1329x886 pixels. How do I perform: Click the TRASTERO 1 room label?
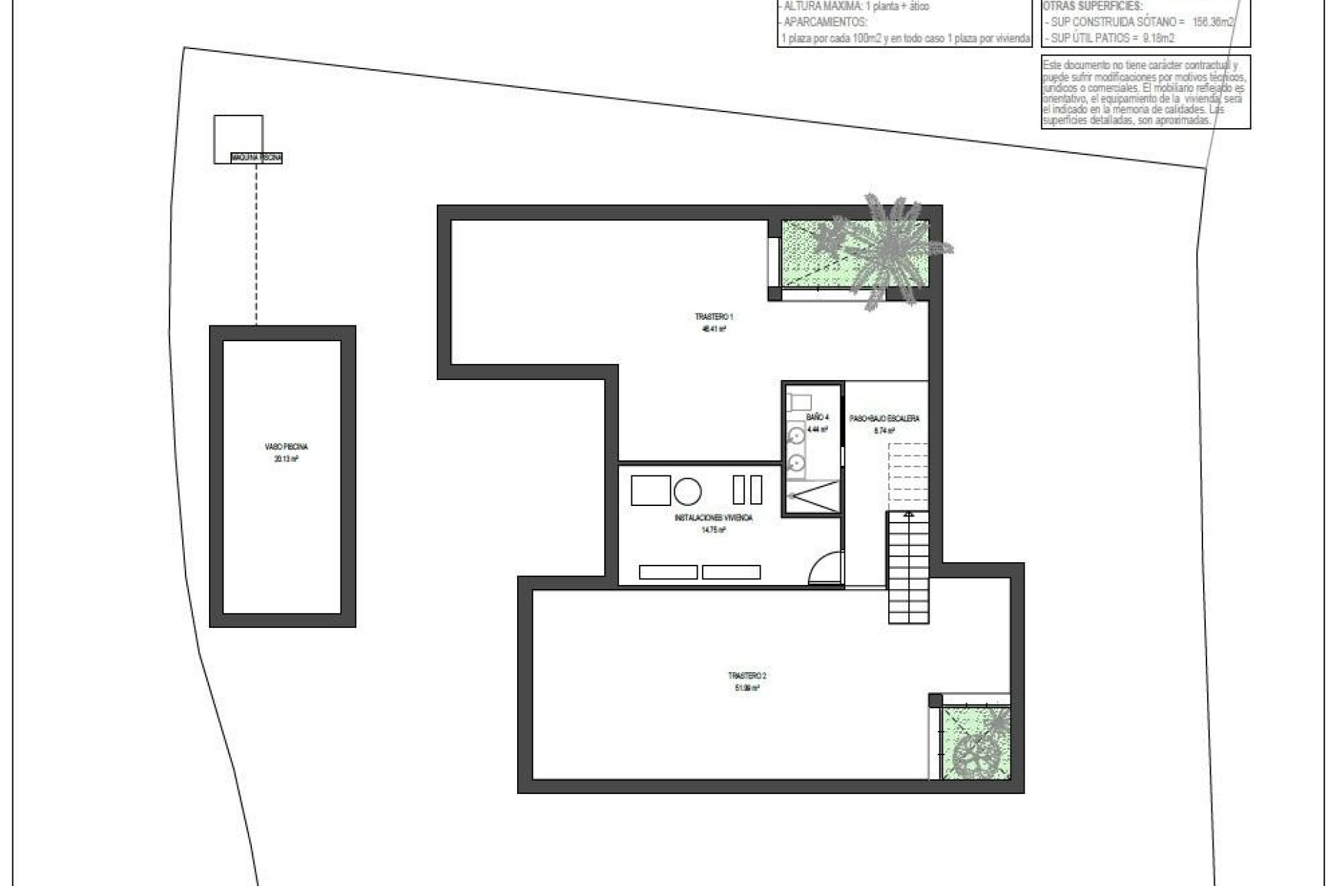[x=714, y=317]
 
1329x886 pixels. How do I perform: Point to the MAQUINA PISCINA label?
[x=257, y=159]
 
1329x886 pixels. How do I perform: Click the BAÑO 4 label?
[x=817, y=417]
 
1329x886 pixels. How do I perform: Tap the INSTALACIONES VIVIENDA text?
[x=713, y=518]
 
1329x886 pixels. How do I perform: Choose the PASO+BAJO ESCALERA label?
[x=885, y=419]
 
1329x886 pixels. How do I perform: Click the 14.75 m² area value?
[x=713, y=530]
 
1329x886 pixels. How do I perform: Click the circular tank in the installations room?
[x=687, y=491]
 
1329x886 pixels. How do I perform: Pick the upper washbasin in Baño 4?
[x=797, y=435]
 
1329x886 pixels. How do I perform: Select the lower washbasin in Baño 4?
[x=797, y=461]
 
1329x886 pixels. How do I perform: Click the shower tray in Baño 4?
[x=813, y=497]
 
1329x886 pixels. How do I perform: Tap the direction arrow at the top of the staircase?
[x=909, y=514]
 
